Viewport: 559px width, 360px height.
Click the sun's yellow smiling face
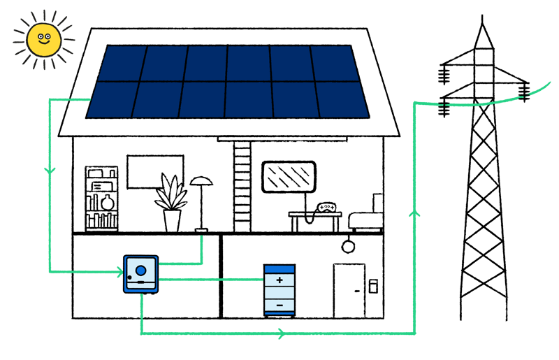point(44,40)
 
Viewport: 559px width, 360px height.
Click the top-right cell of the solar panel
point(336,64)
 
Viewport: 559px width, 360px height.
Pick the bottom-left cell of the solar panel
point(112,99)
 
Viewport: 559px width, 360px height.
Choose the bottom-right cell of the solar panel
point(342,99)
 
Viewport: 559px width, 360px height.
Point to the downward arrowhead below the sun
point(50,171)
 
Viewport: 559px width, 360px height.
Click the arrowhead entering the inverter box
point(119,271)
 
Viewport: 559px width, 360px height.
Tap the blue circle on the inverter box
point(141,270)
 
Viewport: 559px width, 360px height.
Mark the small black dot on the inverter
point(129,278)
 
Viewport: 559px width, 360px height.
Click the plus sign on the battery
point(279,280)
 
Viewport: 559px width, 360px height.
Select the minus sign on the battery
point(279,305)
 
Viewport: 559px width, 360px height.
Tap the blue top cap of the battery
point(279,269)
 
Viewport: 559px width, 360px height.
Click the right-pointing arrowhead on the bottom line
point(281,333)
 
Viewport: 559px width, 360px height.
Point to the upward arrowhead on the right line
point(414,212)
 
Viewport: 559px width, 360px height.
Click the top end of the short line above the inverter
point(201,238)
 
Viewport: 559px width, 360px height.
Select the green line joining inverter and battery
point(210,280)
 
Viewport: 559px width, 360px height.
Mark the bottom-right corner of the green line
point(414,333)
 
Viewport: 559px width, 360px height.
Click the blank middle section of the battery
point(279,292)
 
